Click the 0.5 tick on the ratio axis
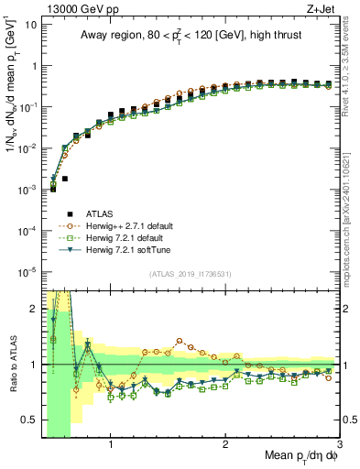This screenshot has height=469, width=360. click(31, 420)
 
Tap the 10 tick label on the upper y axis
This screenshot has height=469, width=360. click(31, 25)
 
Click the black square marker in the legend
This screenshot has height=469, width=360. click(54, 213)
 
